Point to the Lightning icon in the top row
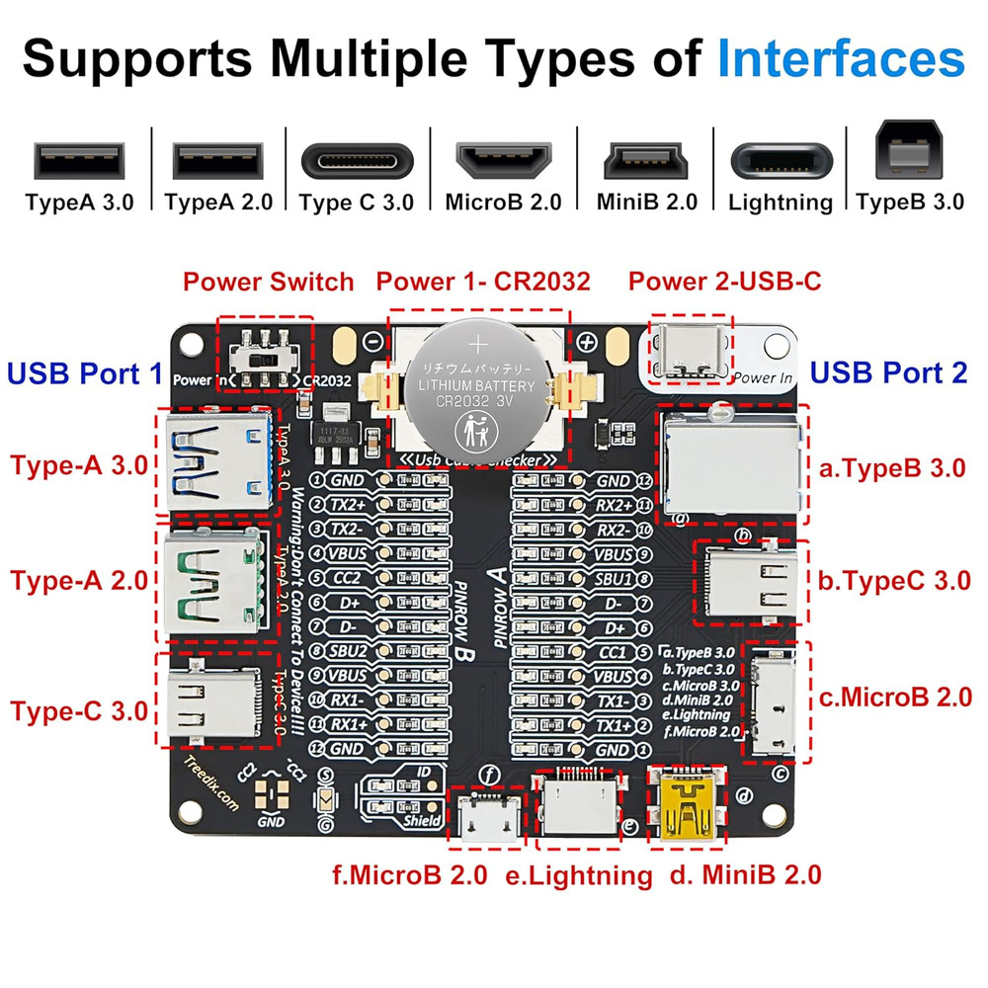781,161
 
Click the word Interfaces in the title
841,59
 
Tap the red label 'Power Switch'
268,282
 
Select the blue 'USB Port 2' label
889,373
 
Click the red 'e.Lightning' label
578,874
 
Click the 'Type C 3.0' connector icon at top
356,161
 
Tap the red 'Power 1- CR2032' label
483,282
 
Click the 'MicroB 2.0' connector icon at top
503,161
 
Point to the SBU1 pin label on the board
613,578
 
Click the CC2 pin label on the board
347,578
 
